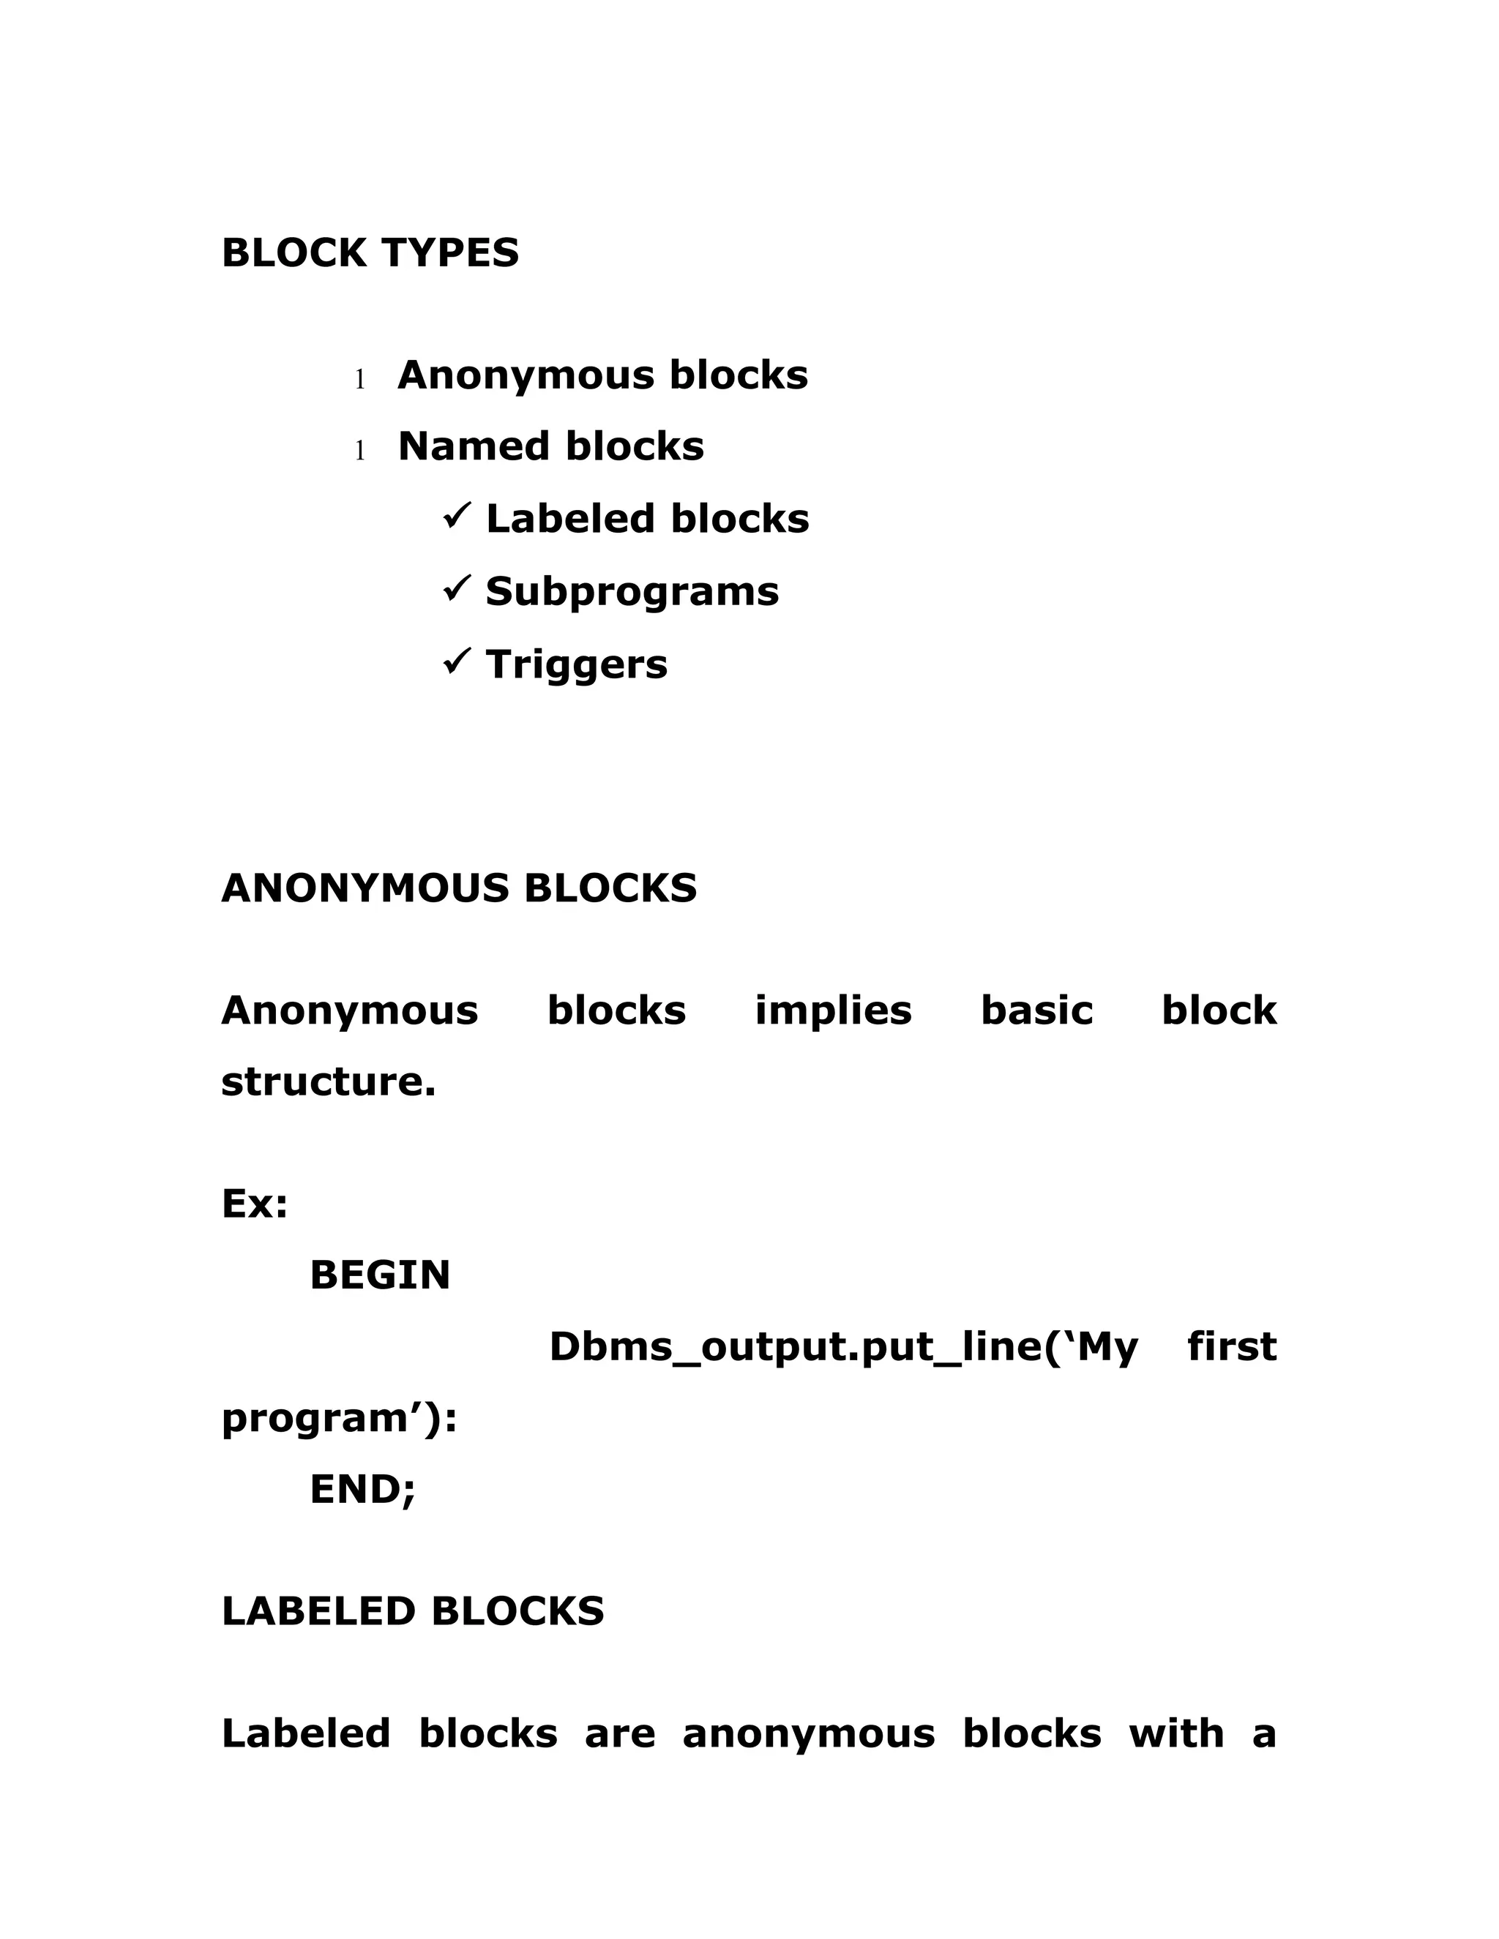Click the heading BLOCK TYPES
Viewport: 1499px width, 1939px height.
coord(370,253)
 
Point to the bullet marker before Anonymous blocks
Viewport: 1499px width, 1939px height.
coord(359,380)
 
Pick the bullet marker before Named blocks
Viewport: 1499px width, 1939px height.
coord(359,451)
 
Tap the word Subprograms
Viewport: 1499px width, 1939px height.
coord(632,592)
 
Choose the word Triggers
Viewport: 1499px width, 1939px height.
coord(576,664)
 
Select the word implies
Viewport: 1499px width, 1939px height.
coord(833,1010)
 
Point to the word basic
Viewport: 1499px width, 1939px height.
coord(1036,1010)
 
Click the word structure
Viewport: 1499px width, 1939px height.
coord(328,1082)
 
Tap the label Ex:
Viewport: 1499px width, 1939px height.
coord(255,1205)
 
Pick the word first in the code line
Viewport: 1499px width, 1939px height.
coord(1232,1347)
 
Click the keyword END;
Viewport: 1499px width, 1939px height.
coord(362,1489)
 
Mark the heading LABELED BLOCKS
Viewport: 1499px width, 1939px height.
coord(412,1611)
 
